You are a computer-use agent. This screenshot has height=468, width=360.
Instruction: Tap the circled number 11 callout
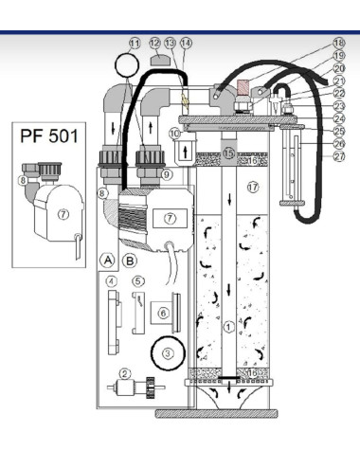135,43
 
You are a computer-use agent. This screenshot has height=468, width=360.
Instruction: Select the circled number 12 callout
154,43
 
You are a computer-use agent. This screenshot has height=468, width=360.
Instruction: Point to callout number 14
186,43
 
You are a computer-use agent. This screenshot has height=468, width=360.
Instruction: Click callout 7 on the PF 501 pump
63,215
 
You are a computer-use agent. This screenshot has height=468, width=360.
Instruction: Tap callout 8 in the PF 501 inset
22,179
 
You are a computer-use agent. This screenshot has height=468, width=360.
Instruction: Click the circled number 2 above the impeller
124,374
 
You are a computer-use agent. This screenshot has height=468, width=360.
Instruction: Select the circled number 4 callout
112,280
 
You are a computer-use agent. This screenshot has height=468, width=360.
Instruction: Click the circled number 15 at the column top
228,153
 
